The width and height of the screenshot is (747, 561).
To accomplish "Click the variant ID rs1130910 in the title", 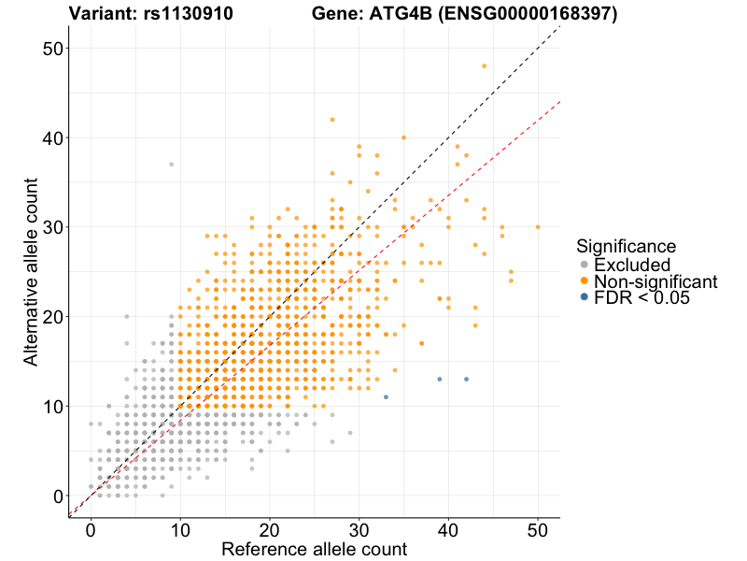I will point(190,14).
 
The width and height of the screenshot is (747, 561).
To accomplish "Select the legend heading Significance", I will point(626,247).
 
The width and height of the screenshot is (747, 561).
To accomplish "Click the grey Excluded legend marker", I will point(585,266).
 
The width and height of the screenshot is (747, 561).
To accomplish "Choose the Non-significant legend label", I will point(655,281).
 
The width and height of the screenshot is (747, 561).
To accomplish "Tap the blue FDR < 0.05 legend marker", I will point(585,297).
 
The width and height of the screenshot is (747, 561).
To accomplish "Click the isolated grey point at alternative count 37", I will point(171,165).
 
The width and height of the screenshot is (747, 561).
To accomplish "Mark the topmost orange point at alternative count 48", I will point(484,65).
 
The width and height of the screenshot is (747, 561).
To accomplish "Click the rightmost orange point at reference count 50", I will point(538,227).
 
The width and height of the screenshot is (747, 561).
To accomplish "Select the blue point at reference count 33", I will point(386,397).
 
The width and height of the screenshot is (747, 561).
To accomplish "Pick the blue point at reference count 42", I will point(466,380).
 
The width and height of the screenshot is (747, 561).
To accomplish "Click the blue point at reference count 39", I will point(440,380).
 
